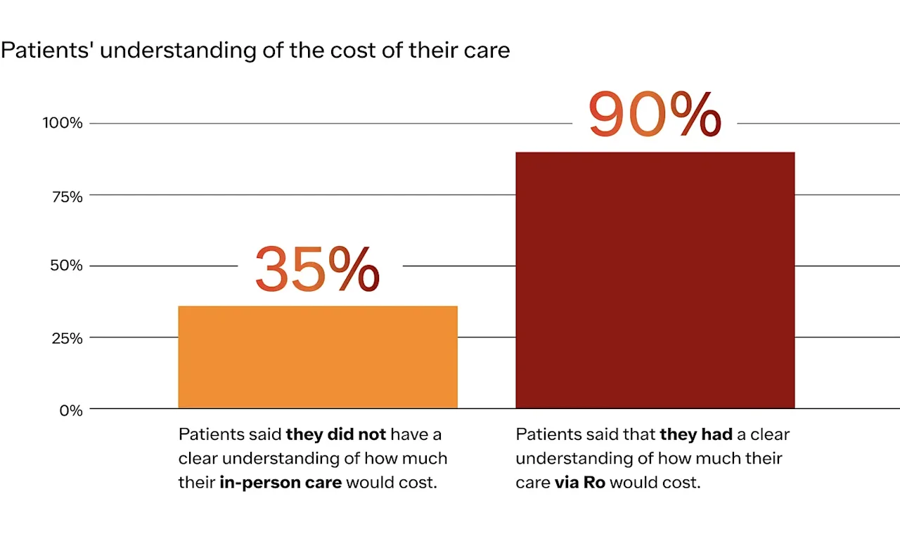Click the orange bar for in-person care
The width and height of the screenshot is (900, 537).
318,357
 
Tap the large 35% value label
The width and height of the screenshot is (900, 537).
317,269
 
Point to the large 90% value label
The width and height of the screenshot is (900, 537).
654,115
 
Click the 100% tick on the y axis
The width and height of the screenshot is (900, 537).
63,123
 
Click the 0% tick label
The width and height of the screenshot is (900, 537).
71,410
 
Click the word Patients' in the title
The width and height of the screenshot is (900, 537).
48,51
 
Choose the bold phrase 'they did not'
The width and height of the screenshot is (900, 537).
335,434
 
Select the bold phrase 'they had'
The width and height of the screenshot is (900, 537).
695,434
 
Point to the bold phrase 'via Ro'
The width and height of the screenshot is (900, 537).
580,483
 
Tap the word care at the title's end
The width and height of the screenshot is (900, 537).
487,51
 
